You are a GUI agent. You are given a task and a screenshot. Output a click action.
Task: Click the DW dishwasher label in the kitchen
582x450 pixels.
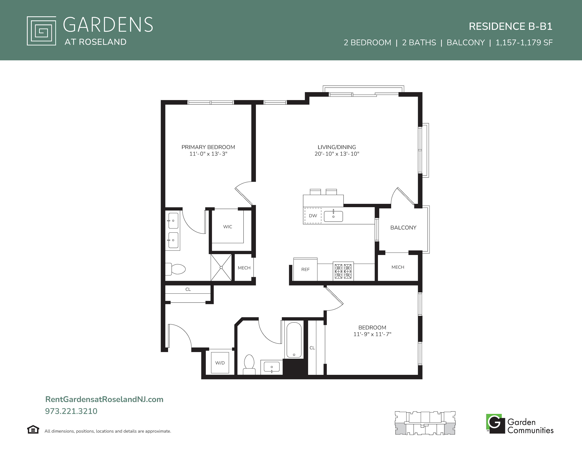tap(313, 216)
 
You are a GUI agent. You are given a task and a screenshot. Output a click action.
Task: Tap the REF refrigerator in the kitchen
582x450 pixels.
tap(305, 269)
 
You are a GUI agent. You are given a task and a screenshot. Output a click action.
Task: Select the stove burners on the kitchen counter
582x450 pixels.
tap(343, 271)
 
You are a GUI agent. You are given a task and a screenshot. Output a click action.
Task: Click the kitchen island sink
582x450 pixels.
tap(333, 216)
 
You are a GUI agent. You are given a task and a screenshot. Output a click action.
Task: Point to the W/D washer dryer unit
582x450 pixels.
tap(220, 363)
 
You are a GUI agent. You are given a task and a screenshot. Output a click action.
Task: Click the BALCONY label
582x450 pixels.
tap(403, 228)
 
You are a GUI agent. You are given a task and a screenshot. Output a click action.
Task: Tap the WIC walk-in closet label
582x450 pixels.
tap(228, 227)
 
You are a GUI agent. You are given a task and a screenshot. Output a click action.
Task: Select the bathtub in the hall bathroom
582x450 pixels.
tap(294, 339)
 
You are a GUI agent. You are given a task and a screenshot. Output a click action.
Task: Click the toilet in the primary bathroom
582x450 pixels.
tap(175, 269)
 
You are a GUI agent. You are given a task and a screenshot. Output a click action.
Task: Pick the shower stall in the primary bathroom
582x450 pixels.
tap(221, 267)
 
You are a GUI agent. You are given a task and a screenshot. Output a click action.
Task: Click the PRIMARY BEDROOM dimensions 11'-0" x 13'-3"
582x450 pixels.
tap(208, 154)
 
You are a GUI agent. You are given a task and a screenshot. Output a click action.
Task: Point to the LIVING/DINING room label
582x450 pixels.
tap(337, 147)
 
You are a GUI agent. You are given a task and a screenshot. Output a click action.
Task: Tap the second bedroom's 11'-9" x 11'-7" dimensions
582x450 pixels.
tap(372, 334)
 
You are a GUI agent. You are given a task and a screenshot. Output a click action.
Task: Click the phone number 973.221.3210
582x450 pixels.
tap(71, 411)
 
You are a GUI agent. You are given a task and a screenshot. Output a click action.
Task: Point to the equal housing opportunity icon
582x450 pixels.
tap(33, 430)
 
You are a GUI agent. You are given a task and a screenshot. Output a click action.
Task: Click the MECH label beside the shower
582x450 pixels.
tap(244, 268)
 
